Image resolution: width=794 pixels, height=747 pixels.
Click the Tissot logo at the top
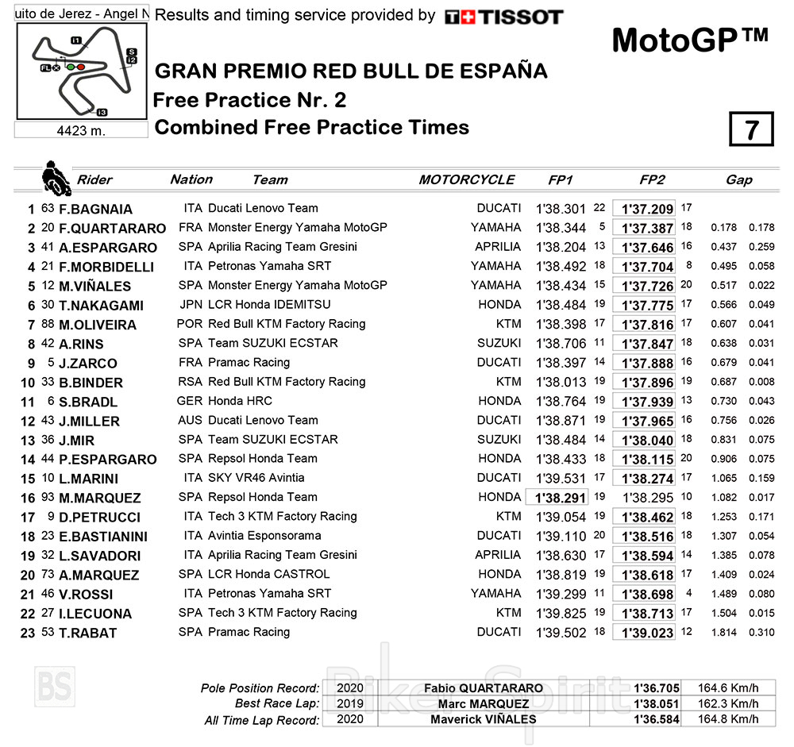[x=503, y=17]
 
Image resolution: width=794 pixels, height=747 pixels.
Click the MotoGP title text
[x=690, y=40]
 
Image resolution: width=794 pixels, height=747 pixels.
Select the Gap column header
[x=738, y=180]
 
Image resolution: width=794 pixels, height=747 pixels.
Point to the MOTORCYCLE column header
[x=466, y=180]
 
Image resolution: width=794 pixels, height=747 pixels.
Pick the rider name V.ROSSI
[x=86, y=595]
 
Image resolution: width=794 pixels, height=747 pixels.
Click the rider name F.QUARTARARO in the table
[x=112, y=229]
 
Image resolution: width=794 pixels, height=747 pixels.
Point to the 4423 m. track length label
[x=82, y=130]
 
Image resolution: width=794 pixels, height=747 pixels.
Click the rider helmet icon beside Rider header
[x=56, y=178]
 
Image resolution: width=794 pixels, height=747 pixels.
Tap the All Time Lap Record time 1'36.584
[x=656, y=720]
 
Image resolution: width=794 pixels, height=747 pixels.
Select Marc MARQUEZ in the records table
[x=483, y=704]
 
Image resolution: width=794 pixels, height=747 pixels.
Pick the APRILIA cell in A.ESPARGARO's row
[x=498, y=247]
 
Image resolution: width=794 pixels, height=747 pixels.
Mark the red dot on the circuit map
[x=80, y=67]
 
